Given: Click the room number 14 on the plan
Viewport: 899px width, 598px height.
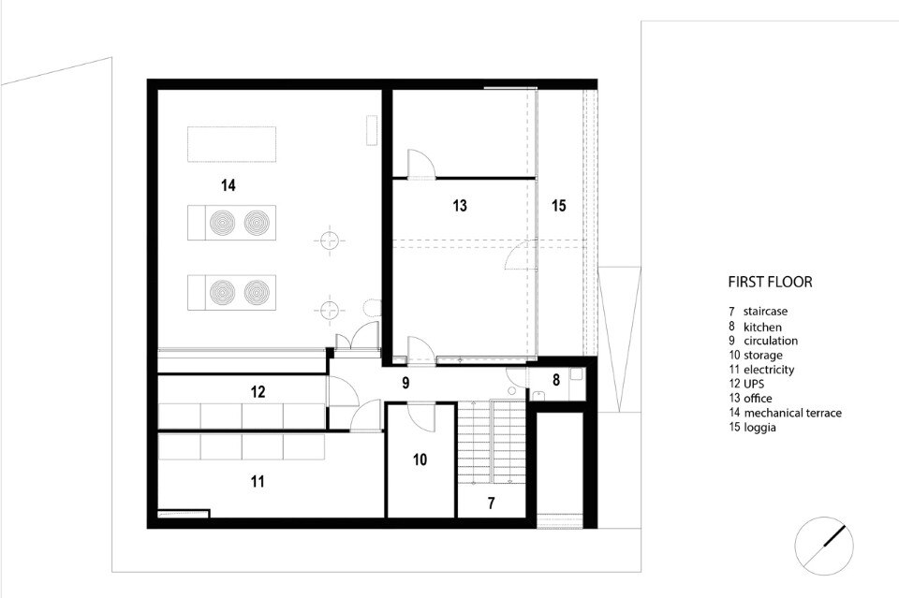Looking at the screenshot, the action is coord(228,185).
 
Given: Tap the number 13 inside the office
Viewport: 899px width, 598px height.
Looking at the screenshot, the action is coord(460,205).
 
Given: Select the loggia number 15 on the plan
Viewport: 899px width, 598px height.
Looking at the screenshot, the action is coord(559,205).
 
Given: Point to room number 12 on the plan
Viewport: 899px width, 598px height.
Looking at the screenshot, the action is coord(258,392).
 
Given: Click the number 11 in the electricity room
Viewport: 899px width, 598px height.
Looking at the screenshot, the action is coord(258,481).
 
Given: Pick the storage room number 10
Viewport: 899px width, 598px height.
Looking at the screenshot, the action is coord(420,459).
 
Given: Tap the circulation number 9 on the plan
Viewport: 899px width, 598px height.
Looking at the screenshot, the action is coord(405,383).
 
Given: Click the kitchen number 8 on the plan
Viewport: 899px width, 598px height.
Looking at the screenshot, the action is coord(555,379).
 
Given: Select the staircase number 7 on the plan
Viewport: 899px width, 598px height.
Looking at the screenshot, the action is coord(492,503).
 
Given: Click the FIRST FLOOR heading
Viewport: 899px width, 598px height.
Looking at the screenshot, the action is coord(770,282).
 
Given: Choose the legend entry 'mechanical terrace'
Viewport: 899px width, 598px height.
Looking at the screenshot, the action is coord(793,413).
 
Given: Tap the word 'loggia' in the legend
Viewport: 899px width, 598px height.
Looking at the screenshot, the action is coord(760,428).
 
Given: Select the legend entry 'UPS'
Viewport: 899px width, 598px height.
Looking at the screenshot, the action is coord(754,384).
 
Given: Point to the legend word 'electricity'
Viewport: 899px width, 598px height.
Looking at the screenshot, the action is coord(769,370).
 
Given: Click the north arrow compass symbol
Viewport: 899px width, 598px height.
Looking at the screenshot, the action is coord(824,546).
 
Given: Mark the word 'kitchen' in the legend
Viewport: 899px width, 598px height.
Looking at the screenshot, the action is coord(762,327).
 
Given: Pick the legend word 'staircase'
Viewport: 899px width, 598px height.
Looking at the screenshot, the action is coord(765,312).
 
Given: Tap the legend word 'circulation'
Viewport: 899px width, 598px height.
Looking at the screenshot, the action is coord(771,341).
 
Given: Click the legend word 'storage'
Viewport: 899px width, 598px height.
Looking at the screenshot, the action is coord(763,355).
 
